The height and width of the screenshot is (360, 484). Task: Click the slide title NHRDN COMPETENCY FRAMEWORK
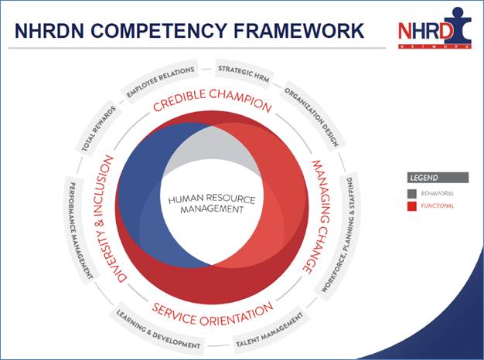point(189,30)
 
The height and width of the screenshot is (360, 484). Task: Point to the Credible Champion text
point(211,104)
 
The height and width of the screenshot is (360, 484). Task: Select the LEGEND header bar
point(438,177)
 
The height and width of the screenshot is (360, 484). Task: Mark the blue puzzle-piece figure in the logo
point(448,26)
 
